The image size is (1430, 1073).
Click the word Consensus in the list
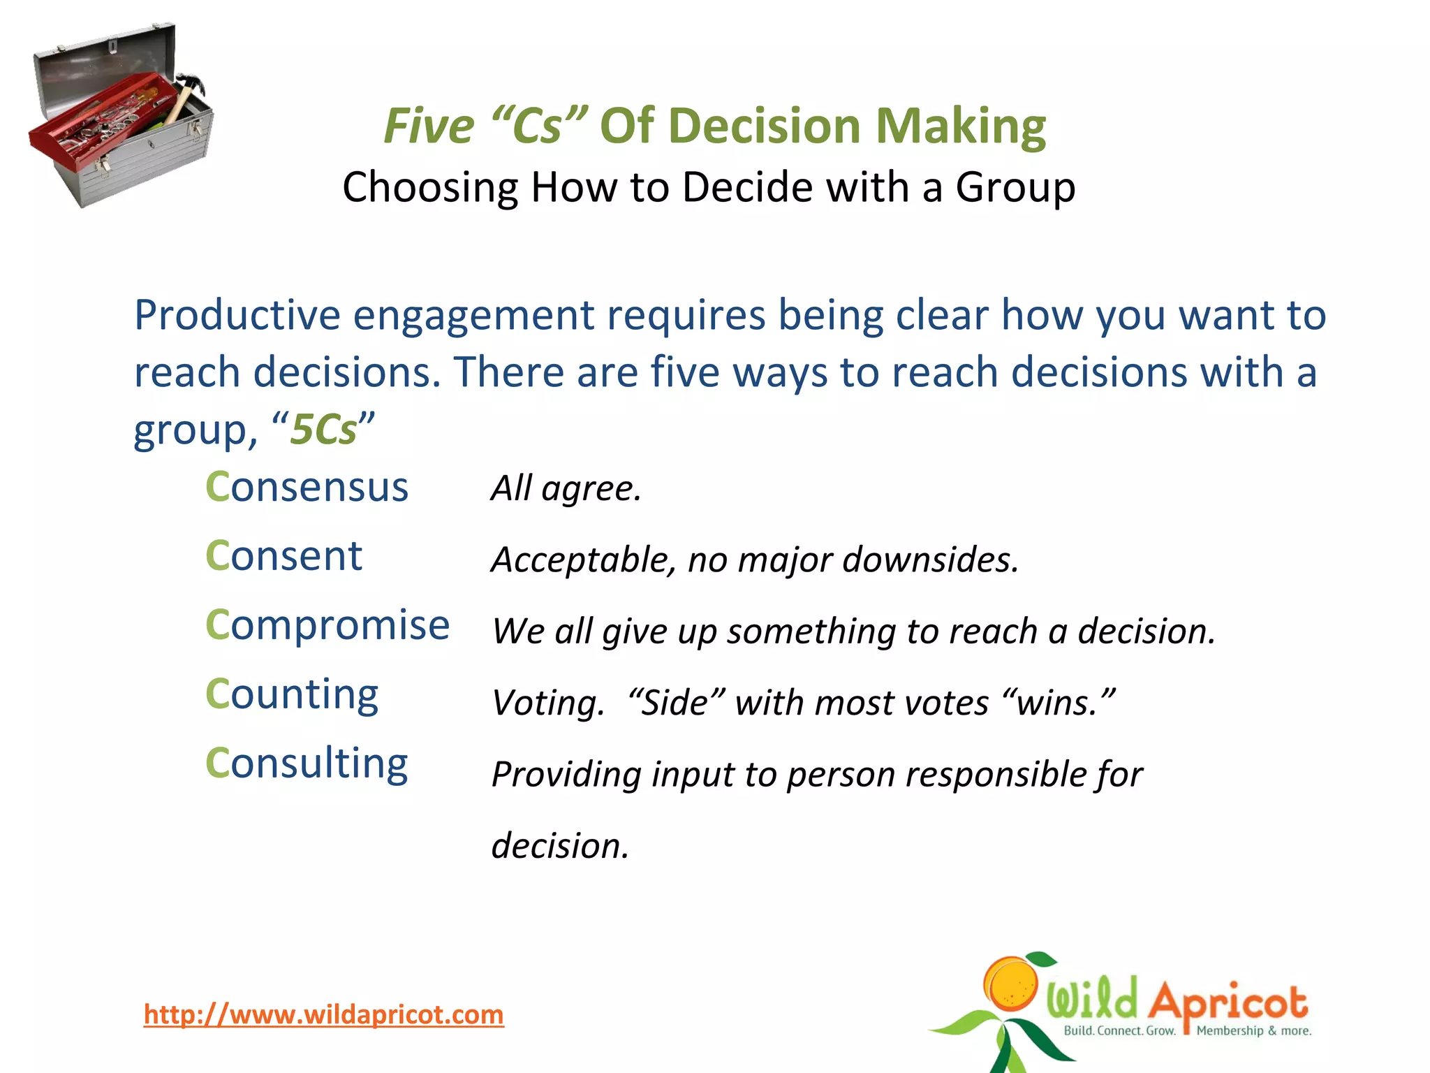[x=307, y=487]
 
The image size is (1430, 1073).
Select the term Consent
[x=283, y=556]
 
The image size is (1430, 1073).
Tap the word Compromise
[x=327, y=625]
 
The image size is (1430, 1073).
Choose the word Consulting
[x=307, y=763]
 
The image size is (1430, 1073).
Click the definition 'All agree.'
[x=566, y=488]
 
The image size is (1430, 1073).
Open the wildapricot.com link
[x=323, y=1014]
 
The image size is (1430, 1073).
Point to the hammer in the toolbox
[x=183, y=98]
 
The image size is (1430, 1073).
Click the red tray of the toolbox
[x=98, y=122]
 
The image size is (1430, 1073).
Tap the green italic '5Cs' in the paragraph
[x=323, y=429]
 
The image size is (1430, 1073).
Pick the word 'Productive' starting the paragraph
[x=237, y=315]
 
